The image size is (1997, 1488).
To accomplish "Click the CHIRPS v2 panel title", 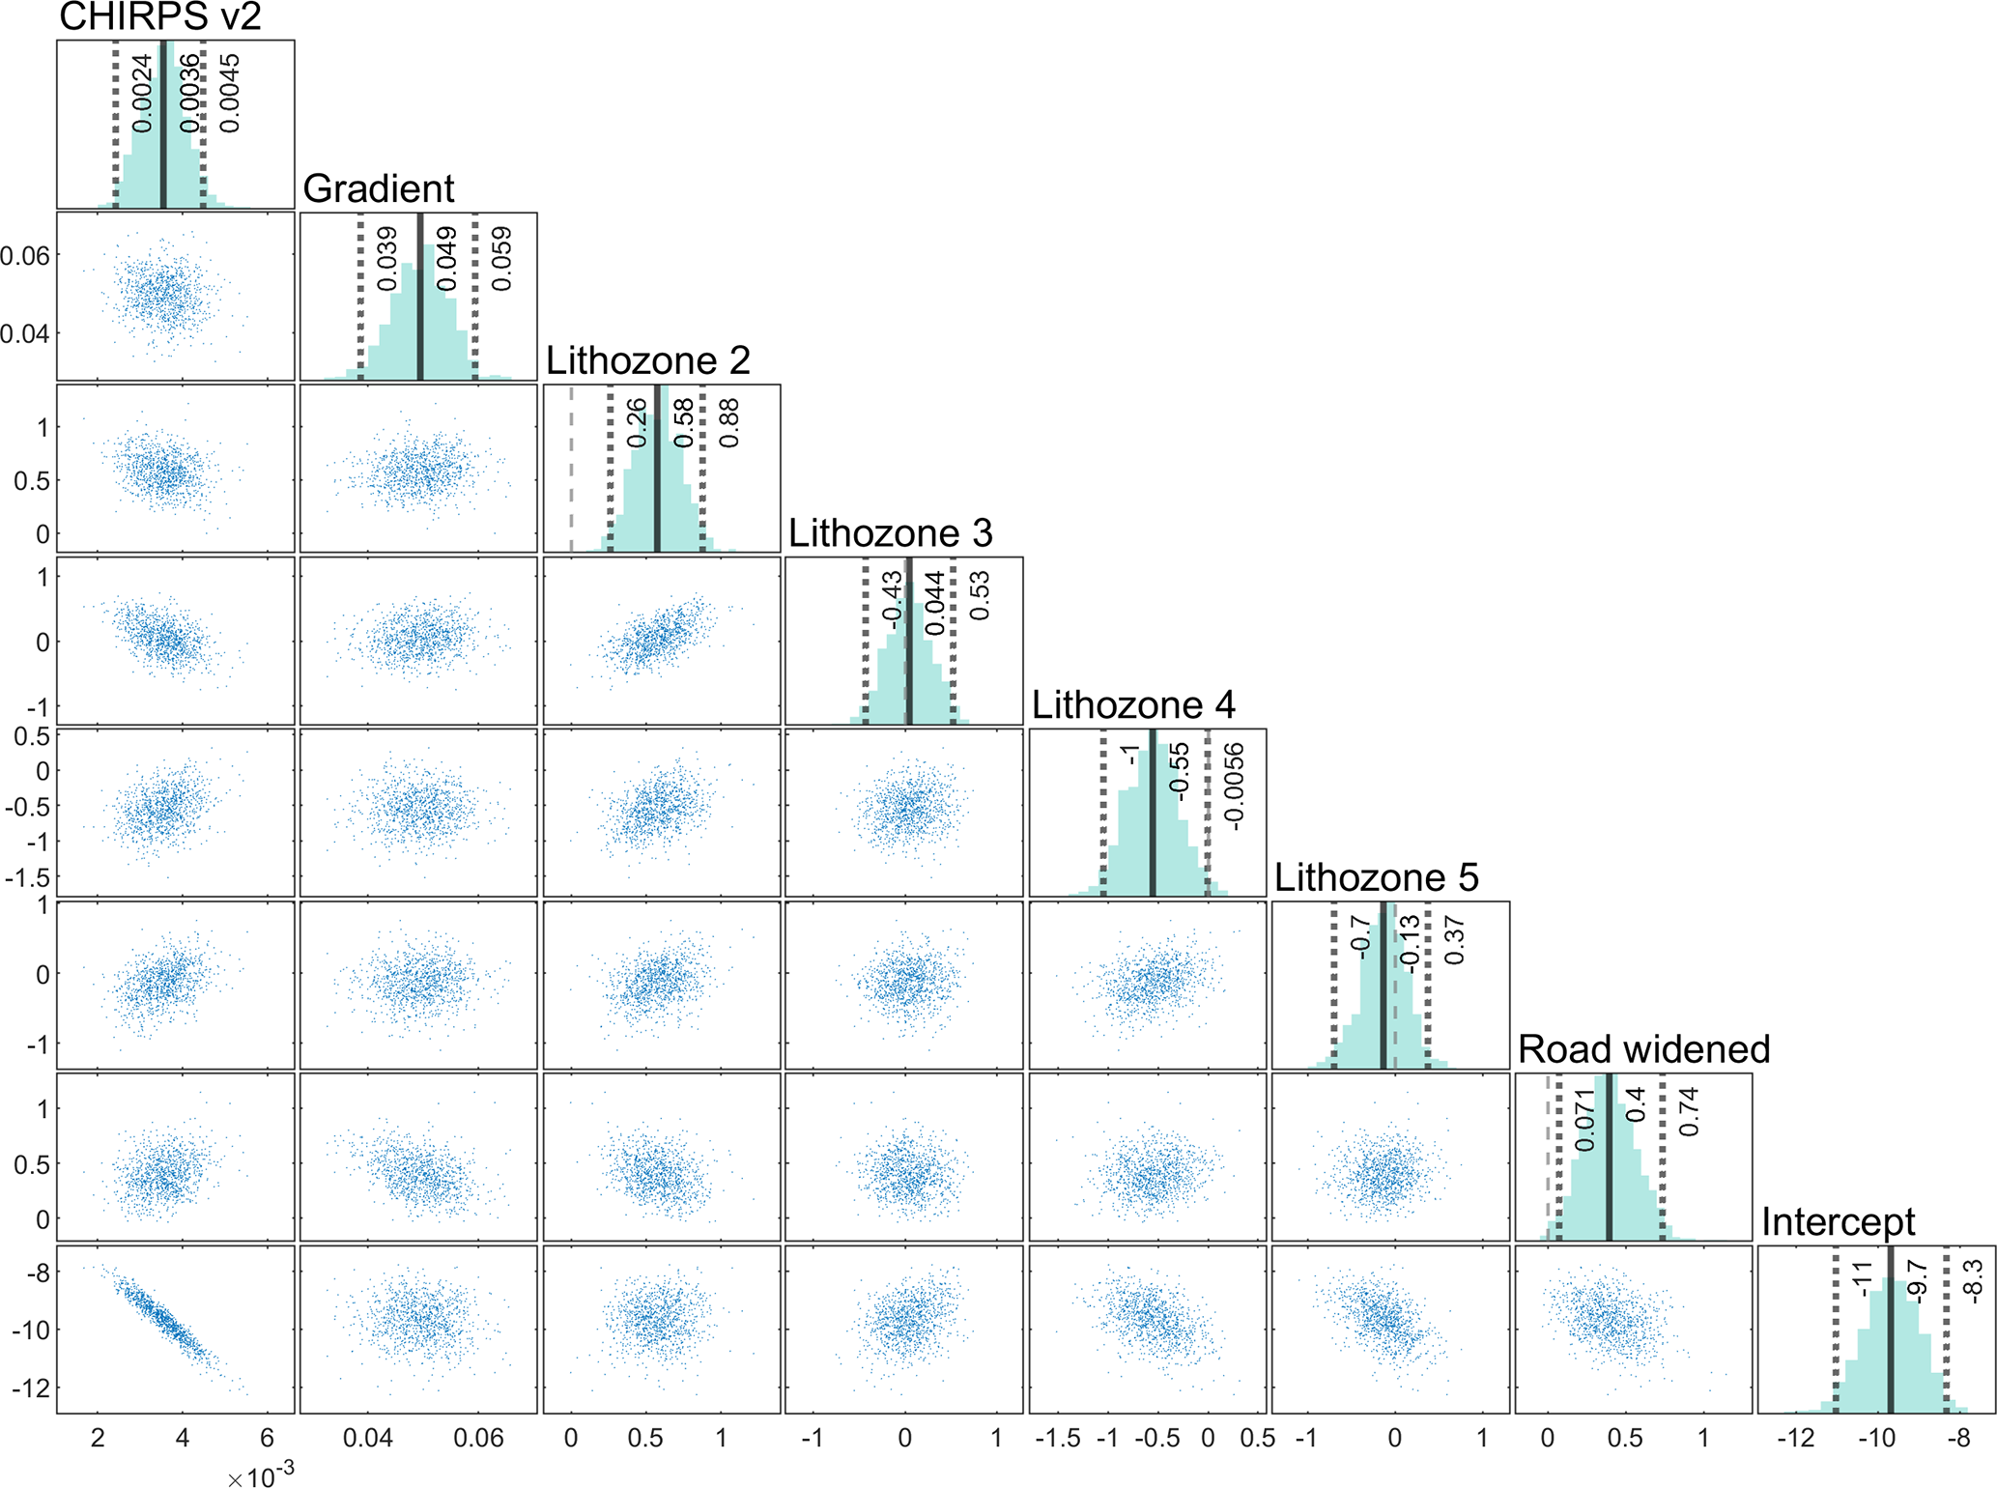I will click(160, 16).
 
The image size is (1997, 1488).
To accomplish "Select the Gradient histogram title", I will click(379, 188).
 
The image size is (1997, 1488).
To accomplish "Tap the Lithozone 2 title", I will click(648, 360).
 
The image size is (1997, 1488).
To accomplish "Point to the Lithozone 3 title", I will click(890, 532).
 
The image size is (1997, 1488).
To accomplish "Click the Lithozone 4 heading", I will click(1133, 704).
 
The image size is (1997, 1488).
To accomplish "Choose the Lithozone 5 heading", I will click(1376, 877).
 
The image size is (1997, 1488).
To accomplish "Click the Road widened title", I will click(1643, 1049).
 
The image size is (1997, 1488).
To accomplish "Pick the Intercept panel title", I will click(1838, 1221).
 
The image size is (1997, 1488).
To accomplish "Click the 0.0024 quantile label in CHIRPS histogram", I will click(142, 93).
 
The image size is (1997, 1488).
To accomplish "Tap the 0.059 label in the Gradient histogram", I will click(501, 259).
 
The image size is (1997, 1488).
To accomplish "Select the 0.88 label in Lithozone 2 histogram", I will click(729, 423).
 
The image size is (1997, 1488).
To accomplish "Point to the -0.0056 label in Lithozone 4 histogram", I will click(1234, 787).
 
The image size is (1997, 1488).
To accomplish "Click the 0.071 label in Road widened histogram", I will click(1584, 1120).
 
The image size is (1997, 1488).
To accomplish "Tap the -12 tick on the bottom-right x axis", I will click(1795, 1438).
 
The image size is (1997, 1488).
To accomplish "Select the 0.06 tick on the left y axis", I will click(25, 256).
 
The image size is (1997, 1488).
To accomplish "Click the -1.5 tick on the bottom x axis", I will click(1057, 1438).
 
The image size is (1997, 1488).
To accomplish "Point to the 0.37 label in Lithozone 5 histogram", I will click(1454, 941).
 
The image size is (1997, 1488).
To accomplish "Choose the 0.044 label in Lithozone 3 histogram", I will click(934, 604).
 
